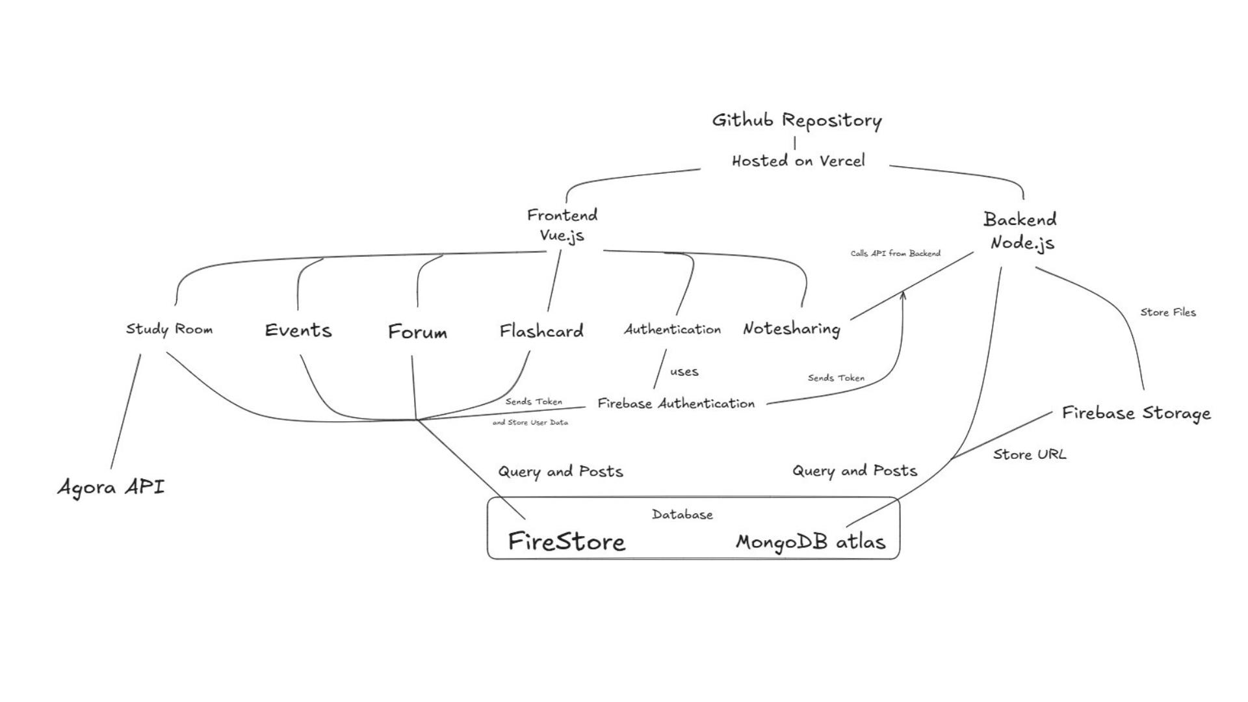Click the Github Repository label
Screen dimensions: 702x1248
(x=797, y=121)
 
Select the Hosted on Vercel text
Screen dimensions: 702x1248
(x=798, y=161)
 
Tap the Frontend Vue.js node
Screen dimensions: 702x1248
(x=562, y=225)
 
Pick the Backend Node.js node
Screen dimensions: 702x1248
(x=1020, y=231)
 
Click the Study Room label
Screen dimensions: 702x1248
(x=169, y=329)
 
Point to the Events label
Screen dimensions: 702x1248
(x=298, y=330)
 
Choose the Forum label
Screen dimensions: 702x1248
(x=417, y=332)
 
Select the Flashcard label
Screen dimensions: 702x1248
(x=541, y=331)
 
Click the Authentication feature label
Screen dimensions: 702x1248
(x=673, y=330)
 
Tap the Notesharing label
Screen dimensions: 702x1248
(x=791, y=329)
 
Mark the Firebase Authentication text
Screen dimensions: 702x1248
(x=676, y=404)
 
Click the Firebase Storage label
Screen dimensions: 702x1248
(x=1136, y=413)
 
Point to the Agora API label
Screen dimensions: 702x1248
(x=111, y=487)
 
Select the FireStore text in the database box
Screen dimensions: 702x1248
(x=566, y=541)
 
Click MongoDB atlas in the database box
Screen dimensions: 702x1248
(x=811, y=541)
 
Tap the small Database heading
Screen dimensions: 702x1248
(x=682, y=515)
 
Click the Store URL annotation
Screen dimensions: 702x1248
(x=1030, y=454)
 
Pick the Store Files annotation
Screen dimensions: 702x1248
(x=1168, y=313)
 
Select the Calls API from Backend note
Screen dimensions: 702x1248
(x=895, y=253)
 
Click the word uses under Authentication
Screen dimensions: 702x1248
(x=684, y=372)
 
